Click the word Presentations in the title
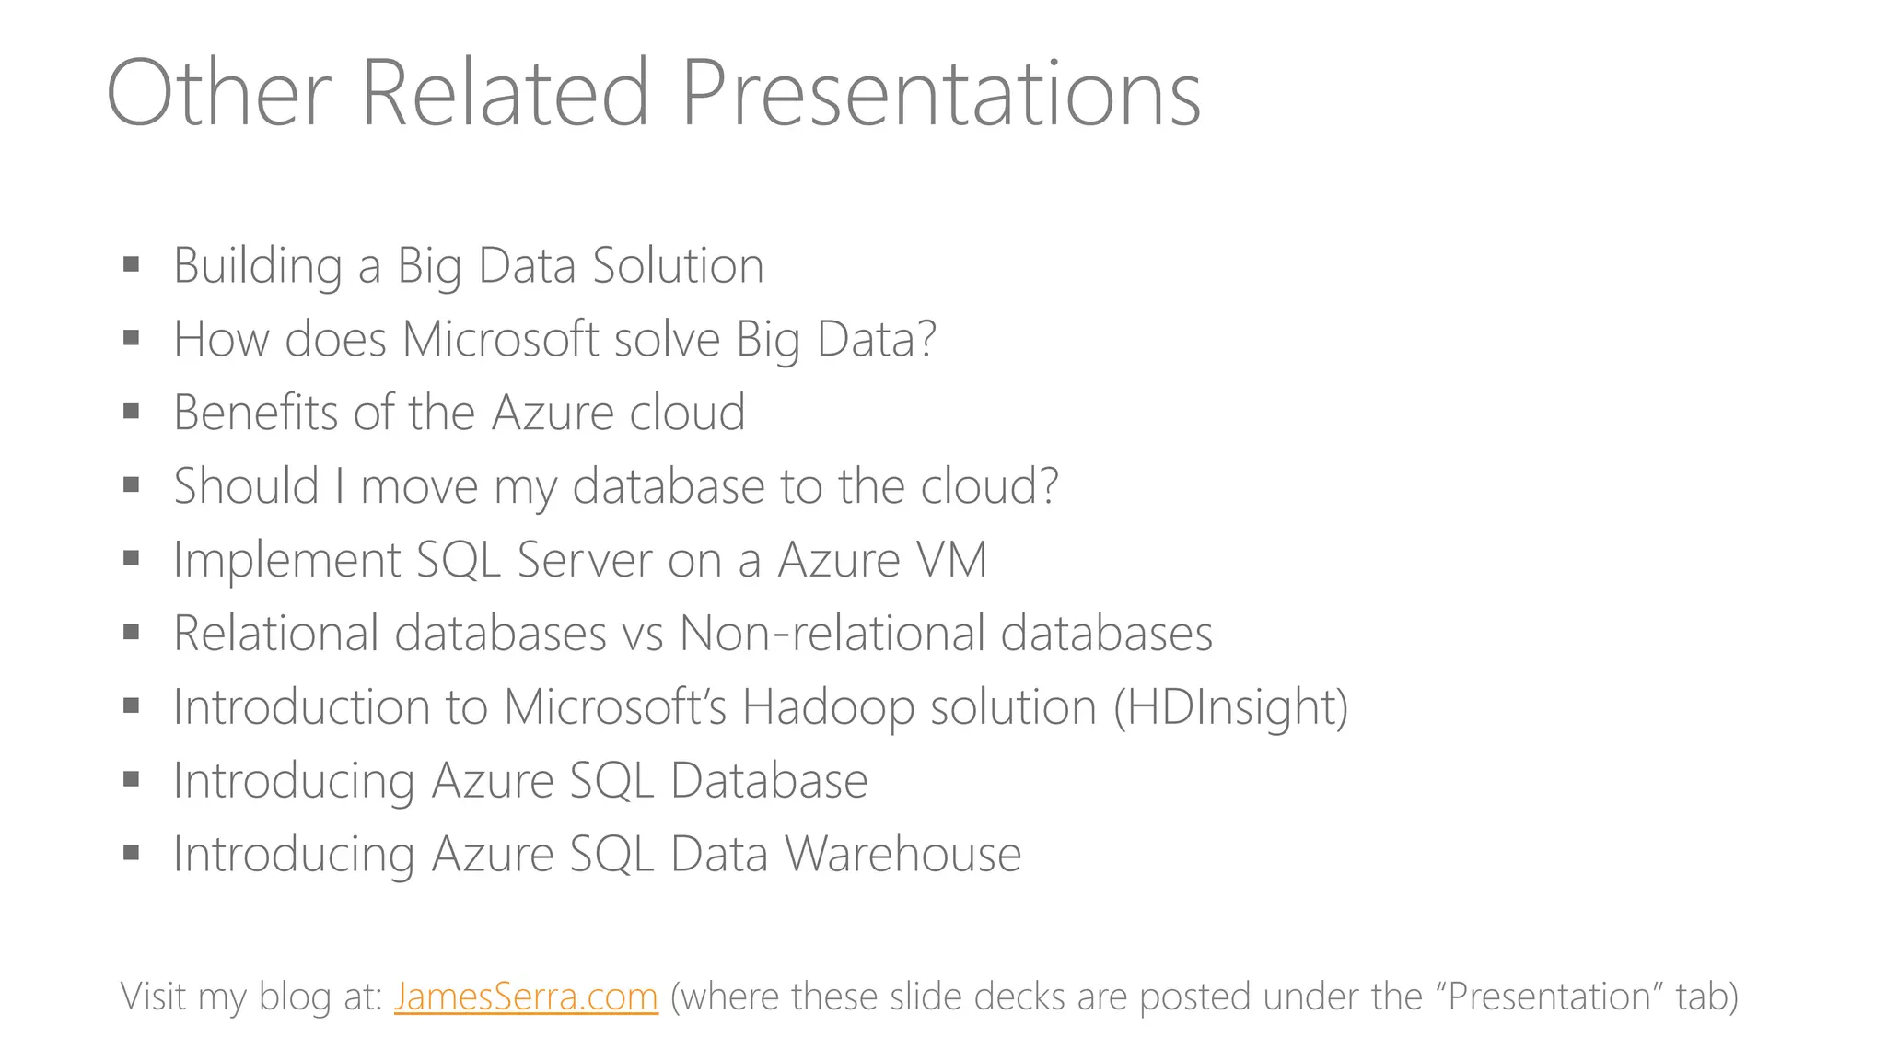[x=940, y=94]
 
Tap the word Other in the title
[x=218, y=94]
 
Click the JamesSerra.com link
[x=526, y=997]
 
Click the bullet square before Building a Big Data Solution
[x=132, y=265]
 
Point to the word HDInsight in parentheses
[x=1230, y=707]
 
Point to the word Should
[x=246, y=486]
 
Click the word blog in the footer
[x=294, y=997]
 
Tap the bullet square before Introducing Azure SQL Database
[x=132, y=780]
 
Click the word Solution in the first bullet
[x=678, y=265]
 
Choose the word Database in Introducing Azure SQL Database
[x=769, y=781]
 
